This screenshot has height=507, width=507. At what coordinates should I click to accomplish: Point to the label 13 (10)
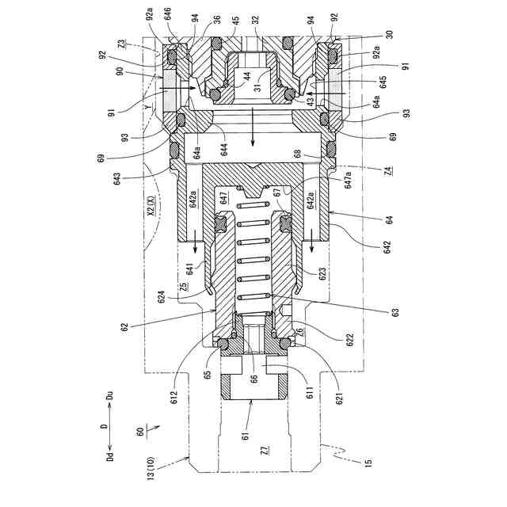(x=151, y=468)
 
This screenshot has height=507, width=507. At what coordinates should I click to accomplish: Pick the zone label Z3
(x=122, y=44)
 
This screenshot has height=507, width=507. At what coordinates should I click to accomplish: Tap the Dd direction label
(x=111, y=454)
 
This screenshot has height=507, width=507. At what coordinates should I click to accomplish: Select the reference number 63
(x=395, y=311)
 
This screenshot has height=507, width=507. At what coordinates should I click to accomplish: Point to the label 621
(x=340, y=396)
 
